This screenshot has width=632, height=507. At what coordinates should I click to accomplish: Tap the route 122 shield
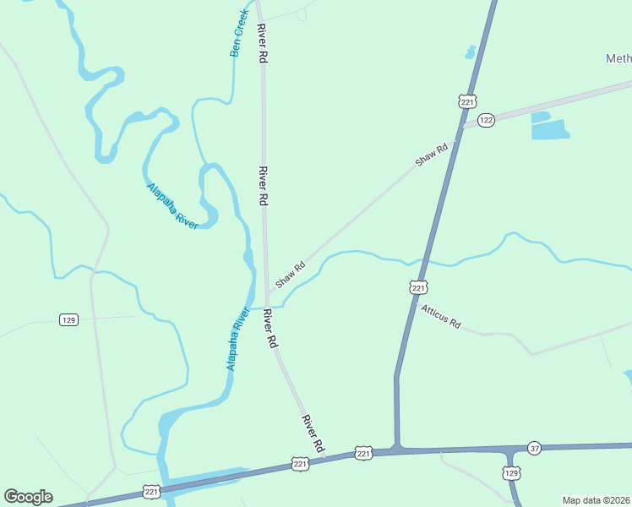click(485, 121)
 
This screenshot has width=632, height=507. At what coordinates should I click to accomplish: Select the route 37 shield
click(534, 447)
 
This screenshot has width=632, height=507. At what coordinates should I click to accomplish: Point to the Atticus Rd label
click(441, 317)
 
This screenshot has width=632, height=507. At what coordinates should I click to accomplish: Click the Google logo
click(28, 497)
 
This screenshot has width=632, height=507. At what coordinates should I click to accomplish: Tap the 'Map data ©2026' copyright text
click(596, 500)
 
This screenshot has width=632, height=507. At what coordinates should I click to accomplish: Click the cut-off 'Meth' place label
click(618, 58)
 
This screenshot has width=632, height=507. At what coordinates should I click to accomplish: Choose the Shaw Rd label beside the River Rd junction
click(289, 273)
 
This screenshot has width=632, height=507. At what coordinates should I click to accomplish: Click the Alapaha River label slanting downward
click(172, 206)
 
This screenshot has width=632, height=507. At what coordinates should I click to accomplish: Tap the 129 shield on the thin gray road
click(69, 319)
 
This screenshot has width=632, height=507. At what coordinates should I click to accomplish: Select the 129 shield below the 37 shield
click(511, 474)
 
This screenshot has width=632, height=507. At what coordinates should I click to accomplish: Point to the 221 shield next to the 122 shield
click(468, 101)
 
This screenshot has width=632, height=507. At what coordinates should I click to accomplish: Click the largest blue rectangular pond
click(550, 129)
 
